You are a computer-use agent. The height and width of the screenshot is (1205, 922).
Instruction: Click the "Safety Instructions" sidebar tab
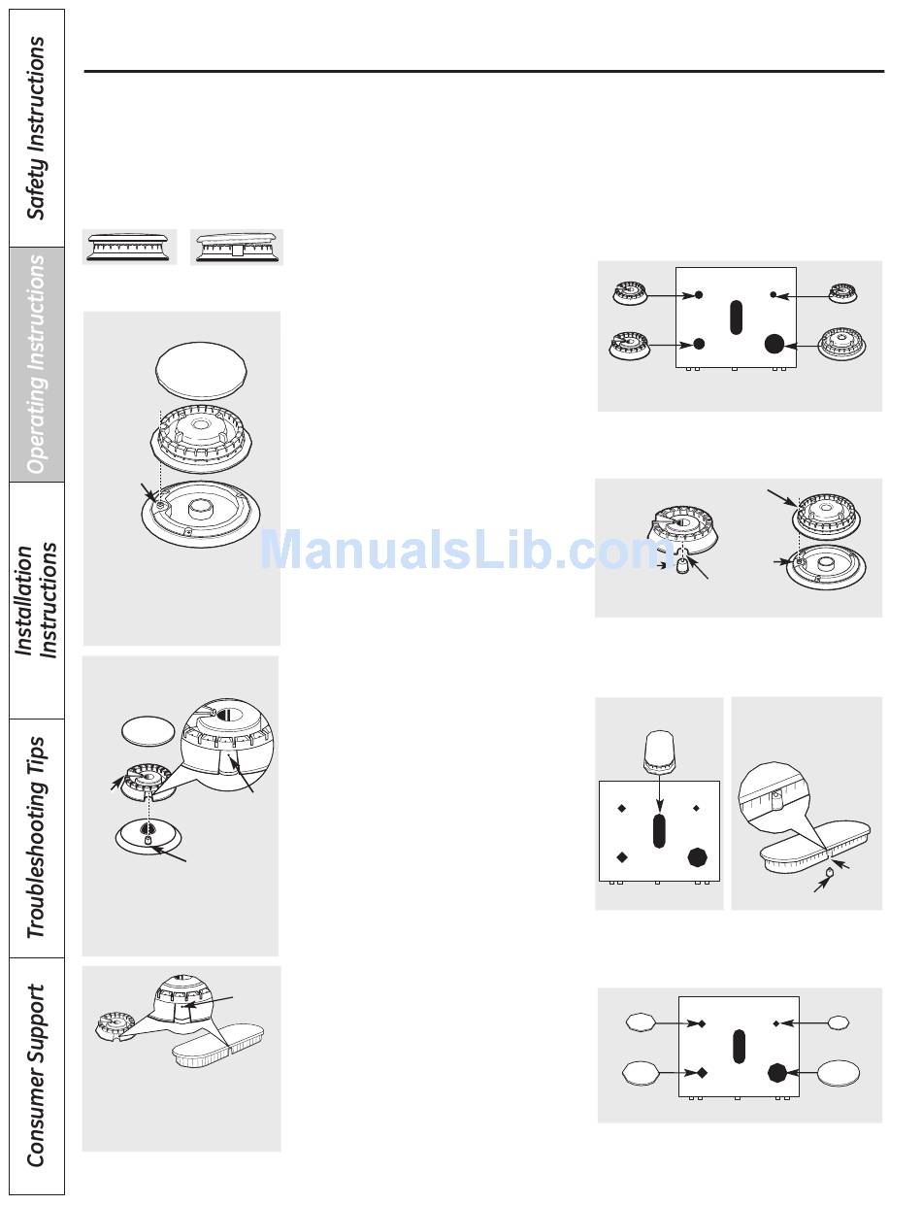click(x=36, y=128)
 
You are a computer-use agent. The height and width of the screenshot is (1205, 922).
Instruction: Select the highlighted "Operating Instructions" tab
click(x=36, y=364)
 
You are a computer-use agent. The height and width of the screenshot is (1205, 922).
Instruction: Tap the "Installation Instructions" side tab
click(x=36, y=600)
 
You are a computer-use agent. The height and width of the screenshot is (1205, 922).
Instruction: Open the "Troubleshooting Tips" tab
click(x=36, y=837)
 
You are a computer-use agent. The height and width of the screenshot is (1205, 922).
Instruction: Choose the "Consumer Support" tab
click(x=36, y=1075)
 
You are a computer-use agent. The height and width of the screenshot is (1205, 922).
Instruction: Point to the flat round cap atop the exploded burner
click(x=201, y=369)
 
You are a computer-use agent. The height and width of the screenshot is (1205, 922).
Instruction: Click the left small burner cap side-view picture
click(x=129, y=247)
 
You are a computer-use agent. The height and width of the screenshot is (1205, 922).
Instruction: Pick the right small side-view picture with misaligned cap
click(x=236, y=247)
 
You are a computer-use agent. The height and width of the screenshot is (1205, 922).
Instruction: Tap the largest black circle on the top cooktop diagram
click(x=774, y=343)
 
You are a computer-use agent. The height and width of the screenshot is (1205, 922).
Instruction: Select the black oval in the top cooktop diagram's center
click(x=736, y=318)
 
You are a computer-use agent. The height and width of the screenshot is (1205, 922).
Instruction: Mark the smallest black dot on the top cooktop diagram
click(x=773, y=294)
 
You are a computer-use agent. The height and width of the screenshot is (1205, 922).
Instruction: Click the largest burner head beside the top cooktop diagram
click(x=841, y=344)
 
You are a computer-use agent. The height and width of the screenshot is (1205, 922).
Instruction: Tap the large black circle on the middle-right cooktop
click(x=697, y=856)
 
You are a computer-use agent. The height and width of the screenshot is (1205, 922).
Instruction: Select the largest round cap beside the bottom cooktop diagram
click(x=838, y=1074)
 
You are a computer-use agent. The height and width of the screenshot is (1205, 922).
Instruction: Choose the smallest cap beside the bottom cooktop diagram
click(x=839, y=1022)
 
